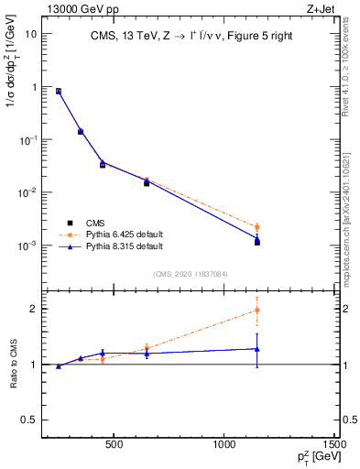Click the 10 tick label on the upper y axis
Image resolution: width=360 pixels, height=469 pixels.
coord(31,34)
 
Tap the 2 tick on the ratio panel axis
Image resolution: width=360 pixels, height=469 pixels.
coord(34,309)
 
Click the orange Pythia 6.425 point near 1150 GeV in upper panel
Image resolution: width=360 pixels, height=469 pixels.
coord(257,226)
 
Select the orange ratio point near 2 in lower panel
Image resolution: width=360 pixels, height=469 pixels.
coord(257,310)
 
